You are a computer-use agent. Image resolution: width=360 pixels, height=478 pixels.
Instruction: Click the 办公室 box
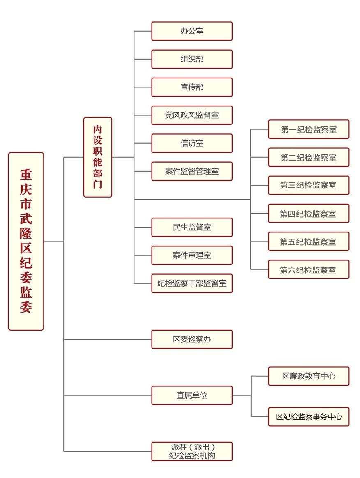click(192, 31)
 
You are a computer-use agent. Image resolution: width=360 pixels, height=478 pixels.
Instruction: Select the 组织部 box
click(192, 59)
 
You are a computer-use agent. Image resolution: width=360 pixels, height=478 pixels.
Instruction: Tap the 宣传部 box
click(192, 87)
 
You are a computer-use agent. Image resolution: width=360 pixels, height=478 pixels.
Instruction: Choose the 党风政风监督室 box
click(192, 115)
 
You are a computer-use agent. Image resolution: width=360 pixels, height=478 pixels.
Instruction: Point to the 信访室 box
click(192, 143)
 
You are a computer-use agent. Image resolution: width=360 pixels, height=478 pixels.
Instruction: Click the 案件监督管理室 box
click(192, 171)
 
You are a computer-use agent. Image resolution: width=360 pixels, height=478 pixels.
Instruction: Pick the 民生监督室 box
click(192, 227)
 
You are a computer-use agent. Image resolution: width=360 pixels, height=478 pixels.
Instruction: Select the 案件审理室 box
click(192, 255)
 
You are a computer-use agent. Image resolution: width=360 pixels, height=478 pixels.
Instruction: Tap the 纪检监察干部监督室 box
click(192, 283)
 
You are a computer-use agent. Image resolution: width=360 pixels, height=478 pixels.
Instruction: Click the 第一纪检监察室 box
click(309, 129)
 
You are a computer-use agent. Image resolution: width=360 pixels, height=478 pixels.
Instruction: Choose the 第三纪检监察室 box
click(309, 185)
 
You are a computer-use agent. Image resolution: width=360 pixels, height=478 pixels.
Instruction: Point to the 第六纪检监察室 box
click(309, 269)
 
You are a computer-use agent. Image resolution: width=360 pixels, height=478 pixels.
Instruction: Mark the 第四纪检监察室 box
click(309, 214)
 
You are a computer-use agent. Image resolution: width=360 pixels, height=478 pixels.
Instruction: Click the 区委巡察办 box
click(192, 340)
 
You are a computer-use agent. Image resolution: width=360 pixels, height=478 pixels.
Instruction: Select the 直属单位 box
click(192, 395)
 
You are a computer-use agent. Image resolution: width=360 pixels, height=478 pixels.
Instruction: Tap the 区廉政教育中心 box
click(309, 376)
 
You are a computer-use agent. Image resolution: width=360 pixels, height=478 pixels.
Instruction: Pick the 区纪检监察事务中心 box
click(309, 416)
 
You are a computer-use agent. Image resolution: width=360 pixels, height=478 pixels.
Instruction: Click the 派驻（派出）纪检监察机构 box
click(192, 451)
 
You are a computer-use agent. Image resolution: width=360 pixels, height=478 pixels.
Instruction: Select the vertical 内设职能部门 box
click(98, 157)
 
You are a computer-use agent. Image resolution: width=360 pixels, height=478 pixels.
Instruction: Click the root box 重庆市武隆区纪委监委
click(26, 241)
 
